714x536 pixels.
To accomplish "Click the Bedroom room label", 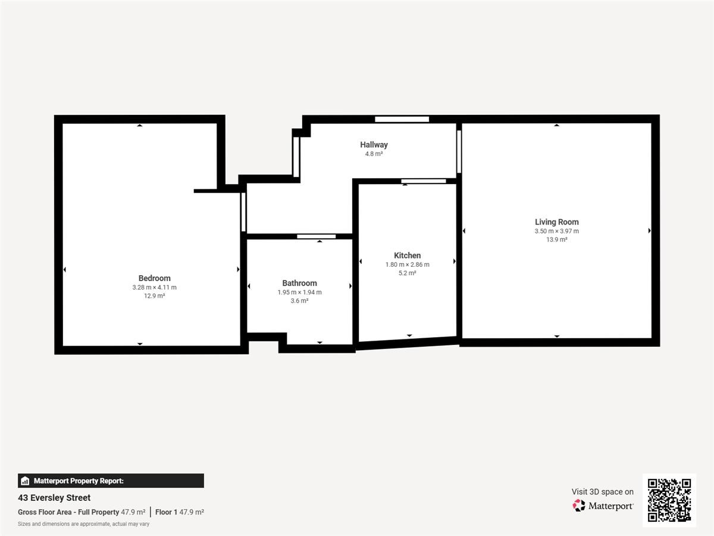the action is coord(154,278).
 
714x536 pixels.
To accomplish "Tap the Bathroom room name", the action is coord(299,283).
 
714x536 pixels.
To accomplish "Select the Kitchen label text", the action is coord(407,255).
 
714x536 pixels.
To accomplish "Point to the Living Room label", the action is coord(556,222).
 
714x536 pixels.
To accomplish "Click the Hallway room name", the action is coord(374,145).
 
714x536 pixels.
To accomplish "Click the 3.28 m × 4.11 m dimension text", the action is coord(154,288).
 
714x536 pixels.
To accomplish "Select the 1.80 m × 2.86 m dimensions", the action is coord(407,264).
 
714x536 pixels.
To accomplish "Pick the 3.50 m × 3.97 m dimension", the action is coord(556,231).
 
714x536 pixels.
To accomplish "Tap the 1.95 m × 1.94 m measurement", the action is coord(299,292).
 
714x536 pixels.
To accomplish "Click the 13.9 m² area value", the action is coord(556,239).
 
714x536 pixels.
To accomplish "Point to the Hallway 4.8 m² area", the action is coord(374,154).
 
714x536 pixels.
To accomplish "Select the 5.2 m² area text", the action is coord(407,273).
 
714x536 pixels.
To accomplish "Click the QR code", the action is coord(669,500).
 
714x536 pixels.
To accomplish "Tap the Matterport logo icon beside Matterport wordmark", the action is coord(579,506).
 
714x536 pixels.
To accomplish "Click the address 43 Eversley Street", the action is coord(54,498).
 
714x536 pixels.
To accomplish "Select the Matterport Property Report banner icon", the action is coord(25,481).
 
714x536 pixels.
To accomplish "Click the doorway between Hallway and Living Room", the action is coord(459,152).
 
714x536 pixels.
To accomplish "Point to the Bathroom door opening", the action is coord(316,236).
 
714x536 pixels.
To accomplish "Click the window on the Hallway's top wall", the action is coord(402,119).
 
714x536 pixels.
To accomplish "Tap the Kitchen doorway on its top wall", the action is coord(423,181).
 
